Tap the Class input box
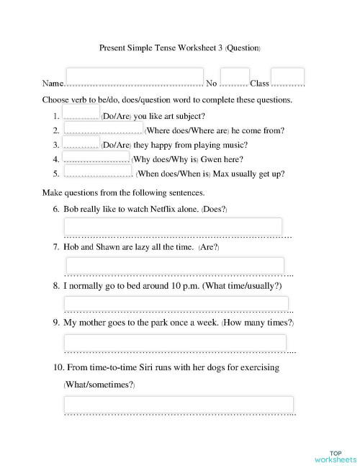pyautogui.click(x=288, y=76)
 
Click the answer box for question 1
pyautogui.click(x=81, y=111)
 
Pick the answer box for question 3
pyautogui.click(x=81, y=142)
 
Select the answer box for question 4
pyautogui.click(x=96, y=156)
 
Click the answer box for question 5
pyautogui.click(x=96, y=171)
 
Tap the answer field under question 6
pyautogui.click(x=173, y=226)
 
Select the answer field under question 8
pyautogui.click(x=176, y=303)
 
